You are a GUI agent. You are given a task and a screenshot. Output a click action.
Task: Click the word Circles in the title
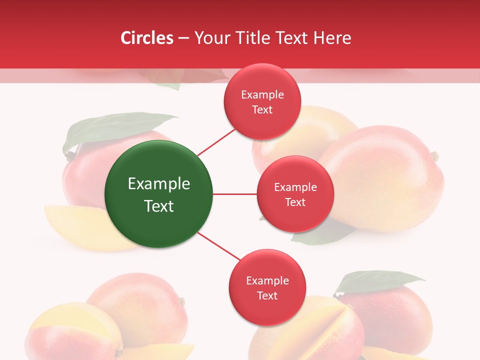point(147,38)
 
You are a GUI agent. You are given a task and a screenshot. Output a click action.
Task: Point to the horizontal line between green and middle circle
point(234,194)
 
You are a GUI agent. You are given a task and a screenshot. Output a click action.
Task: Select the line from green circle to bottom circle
point(219,246)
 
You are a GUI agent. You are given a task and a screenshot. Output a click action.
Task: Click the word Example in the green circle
point(159,184)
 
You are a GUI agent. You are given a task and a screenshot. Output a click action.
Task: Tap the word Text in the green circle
point(159,206)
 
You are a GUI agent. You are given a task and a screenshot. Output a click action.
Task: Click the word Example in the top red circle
point(262,95)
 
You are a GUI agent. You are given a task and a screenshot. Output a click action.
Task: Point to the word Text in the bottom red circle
point(267,295)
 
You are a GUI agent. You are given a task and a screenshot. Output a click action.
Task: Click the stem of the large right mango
point(435,156)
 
